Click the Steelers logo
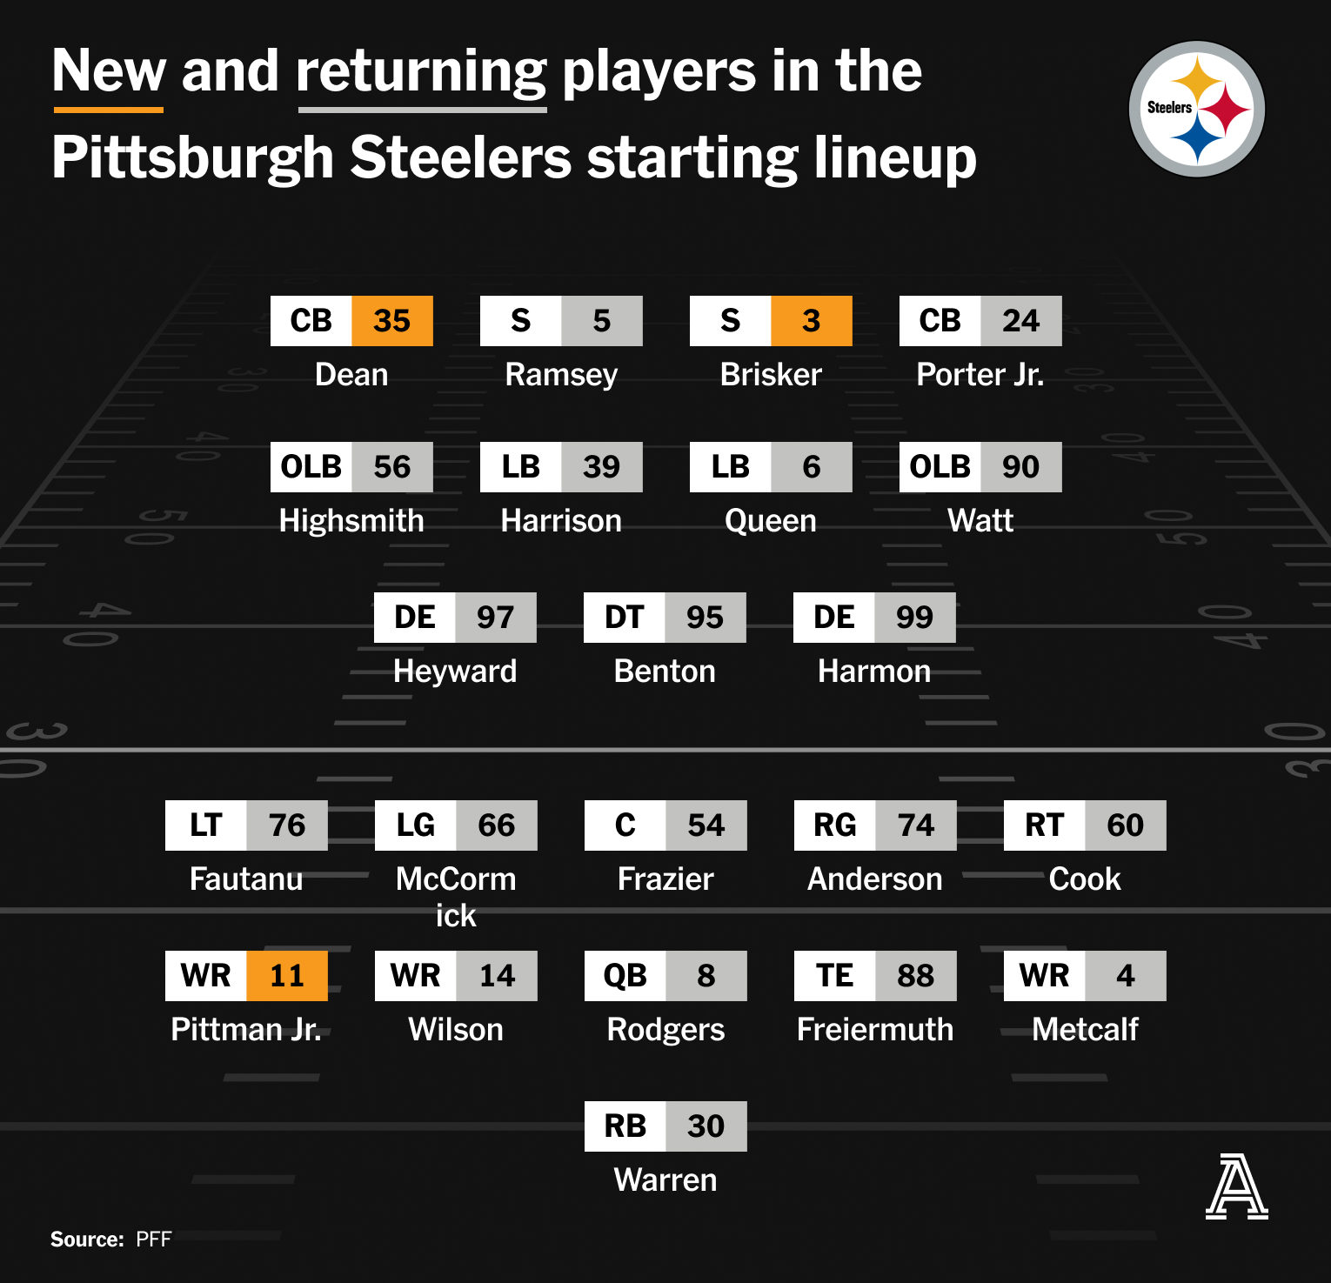pyautogui.click(x=1196, y=109)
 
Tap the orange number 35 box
pyautogui.click(x=392, y=321)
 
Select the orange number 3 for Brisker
pyautogui.click(x=812, y=321)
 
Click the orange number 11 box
pyautogui.click(x=287, y=976)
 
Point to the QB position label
pyautogui.click(x=625, y=976)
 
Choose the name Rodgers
pyautogui.click(x=665, y=1029)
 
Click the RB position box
pyautogui.click(x=625, y=1126)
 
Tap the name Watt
pyautogui.click(x=980, y=520)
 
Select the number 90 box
pyautogui.click(x=1021, y=467)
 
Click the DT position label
pyautogui.click(x=625, y=618)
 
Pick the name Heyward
pyautogui.click(x=455, y=672)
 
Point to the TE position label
pyautogui.click(x=835, y=976)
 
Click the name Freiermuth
pyautogui.click(x=875, y=1029)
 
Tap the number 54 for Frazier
pyautogui.click(x=706, y=825)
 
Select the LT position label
pyautogui.click(x=206, y=825)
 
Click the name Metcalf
pyautogui.click(x=1085, y=1029)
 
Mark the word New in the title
pyautogui.click(x=109, y=70)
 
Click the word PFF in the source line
pyautogui.click(x=154, y=1240)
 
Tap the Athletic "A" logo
pyautogui.click(x=1236, y=1186)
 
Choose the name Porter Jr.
pyautogui.click(x=980, y=374)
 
